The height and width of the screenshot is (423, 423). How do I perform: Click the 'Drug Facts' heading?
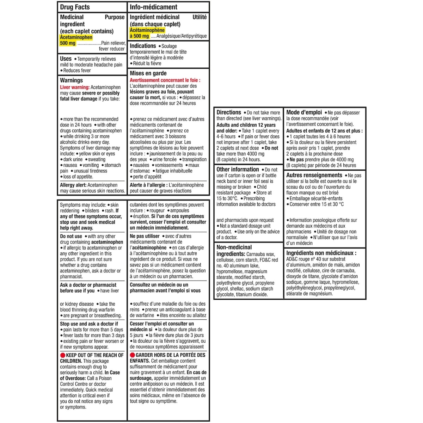pyautogui.click(x=75, y=7)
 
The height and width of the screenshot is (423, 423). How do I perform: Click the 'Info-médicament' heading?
pyautogui.click(x=153, y=7)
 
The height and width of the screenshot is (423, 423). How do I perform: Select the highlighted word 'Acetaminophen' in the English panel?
pyautogui.click(x=76, y=37)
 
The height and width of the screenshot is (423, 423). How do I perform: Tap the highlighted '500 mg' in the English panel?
pyautogui.click(x=68, y=43)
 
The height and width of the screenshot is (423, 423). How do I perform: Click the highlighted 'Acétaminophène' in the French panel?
pyautogui.click(x=147, y=30)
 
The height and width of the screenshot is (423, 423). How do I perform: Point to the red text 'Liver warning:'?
pyautogui.click(x=74, y=87)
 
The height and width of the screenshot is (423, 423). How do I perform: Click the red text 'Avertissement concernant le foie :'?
pyautogui.click(x=165, y=80)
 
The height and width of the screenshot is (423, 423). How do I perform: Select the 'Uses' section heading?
pyautogui.click(x=66, y=59)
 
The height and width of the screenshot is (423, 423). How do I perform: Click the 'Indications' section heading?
pyautogui.click(x=143, y=46)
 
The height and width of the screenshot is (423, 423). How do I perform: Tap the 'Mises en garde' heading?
pyautogui.click(x=148, y=73)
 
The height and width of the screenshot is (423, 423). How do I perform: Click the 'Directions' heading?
pyautogui.click(x=229, y=112)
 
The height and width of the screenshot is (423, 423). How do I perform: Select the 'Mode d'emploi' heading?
pyautogui.click(x=304, y=112)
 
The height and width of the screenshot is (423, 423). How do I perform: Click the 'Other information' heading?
pyautogui.click(x=238, y=169)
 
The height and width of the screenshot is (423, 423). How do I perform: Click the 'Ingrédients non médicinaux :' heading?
pyautogui.click(x=321, y=253)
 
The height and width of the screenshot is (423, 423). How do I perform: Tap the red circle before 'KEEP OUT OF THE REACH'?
pyautogui.click(x=63, y=355)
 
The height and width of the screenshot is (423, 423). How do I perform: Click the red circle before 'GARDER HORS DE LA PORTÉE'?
pyautogui.click(x=133, y=355)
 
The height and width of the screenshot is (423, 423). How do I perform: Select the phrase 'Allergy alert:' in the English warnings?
pyautogui.click(x=73, y=185)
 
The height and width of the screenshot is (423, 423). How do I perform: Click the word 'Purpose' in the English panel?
pyautogui.click(x=115, y=17)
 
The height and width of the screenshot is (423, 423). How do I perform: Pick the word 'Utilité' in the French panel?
pyautogui.click(x=200, y=17)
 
